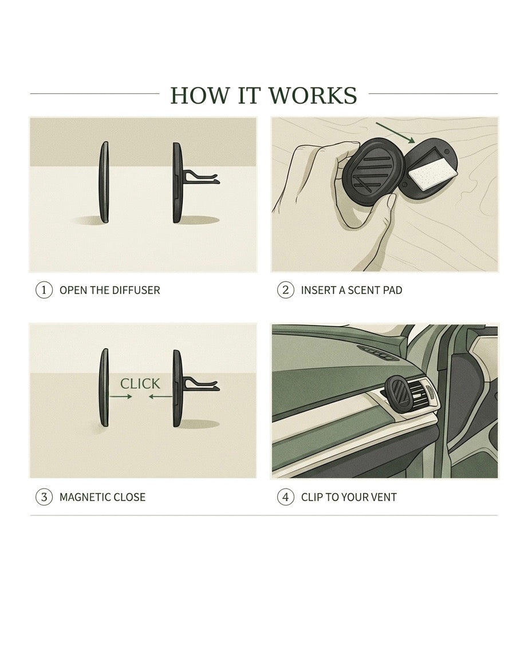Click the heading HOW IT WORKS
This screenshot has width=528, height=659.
263,95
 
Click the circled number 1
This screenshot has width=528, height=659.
44,290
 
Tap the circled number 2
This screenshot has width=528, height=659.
285,290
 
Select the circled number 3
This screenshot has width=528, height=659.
44,497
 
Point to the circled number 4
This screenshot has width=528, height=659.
285,497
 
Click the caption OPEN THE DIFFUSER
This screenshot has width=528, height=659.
109,290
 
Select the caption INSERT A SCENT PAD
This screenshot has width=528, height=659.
351,290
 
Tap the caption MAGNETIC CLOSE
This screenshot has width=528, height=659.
102,497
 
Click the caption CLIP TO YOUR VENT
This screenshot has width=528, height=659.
348,497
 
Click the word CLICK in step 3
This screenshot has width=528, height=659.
140,383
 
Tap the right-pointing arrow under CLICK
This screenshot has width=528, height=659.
121,396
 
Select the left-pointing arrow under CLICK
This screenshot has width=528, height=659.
160,396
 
